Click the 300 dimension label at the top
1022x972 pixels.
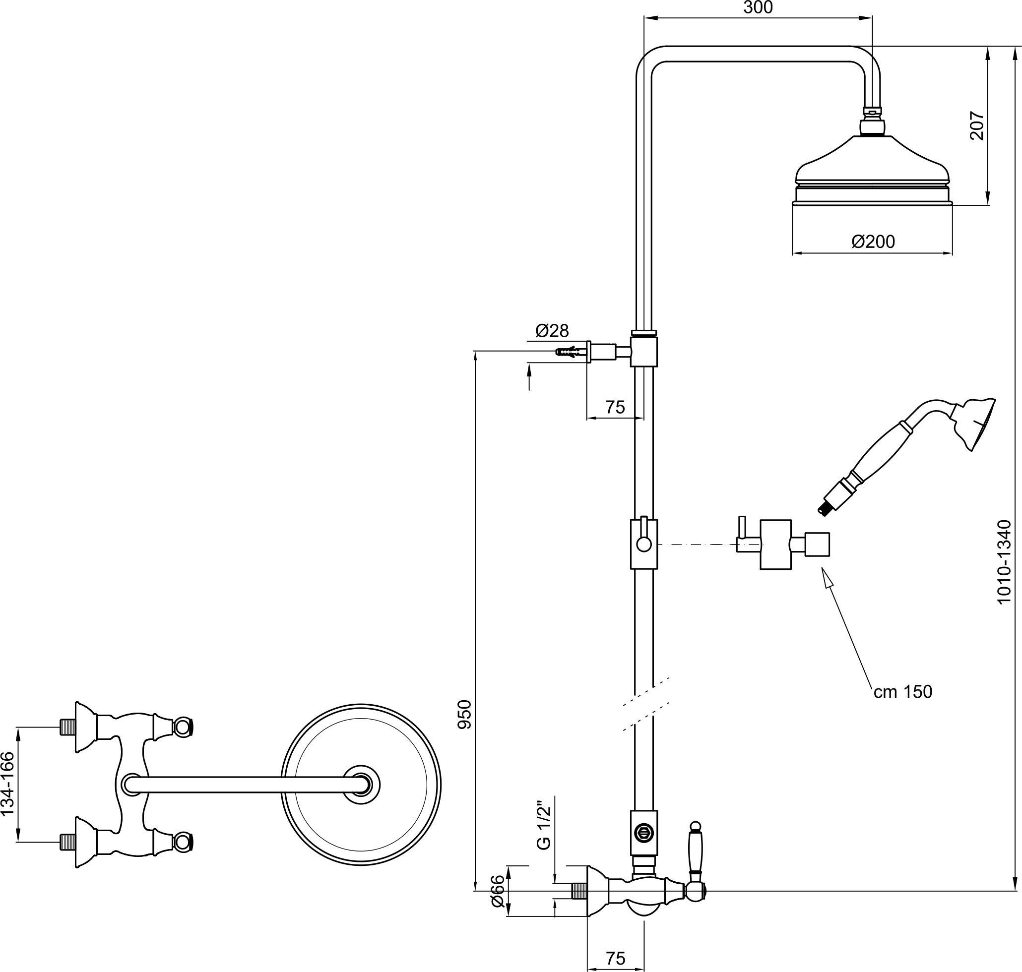[758, 8]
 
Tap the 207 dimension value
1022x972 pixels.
[976, 125]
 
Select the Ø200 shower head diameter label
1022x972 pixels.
[873, 242]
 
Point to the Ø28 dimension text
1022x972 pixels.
[552, 330]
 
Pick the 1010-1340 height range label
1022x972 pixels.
[1004, 562]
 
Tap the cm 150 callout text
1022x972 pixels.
[903, 692]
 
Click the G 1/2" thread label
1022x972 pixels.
[543, 826]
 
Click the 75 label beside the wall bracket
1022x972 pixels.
[615, 407]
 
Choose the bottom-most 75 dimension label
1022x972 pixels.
[615, 958]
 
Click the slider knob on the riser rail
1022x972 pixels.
[643, 544]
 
